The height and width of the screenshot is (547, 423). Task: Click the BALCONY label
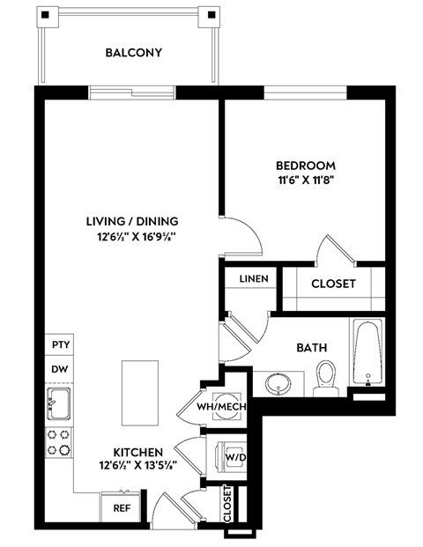point(133,52)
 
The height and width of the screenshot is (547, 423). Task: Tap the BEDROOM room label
point(306,165)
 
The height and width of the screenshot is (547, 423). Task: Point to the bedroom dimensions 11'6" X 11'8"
point(306,180)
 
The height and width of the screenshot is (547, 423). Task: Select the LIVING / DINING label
point(132,220)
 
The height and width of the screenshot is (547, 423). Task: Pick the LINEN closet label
point(253,278)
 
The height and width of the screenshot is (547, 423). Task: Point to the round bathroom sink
point(275,383)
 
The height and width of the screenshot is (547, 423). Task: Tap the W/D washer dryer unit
point(234,457)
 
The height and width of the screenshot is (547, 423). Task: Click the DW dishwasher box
point(60,370)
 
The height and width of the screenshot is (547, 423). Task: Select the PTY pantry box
point(60,344)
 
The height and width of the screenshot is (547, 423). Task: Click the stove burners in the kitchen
point(60,441)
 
